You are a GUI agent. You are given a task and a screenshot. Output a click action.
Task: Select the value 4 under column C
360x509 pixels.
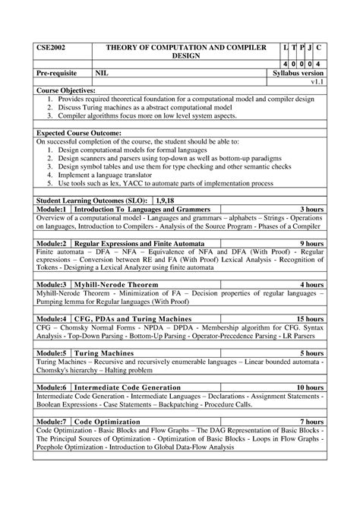click(x=319, y=64)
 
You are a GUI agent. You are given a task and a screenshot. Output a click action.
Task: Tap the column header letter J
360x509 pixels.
click(x=307, y=48)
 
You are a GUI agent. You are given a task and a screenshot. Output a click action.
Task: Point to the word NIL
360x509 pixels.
click(x=102, y=73)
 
